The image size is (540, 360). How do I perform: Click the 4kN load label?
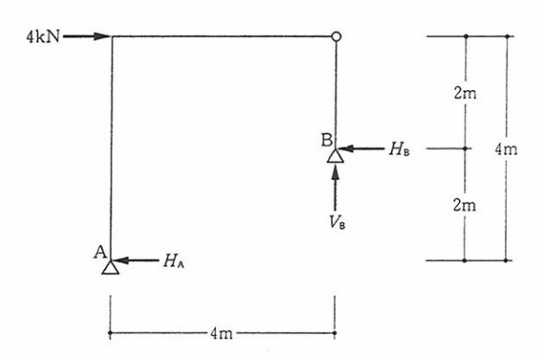43,37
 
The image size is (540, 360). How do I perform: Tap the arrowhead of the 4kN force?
103,36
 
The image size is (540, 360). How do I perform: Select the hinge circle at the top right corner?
337,36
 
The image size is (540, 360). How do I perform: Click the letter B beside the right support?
327,140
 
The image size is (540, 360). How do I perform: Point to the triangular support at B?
336,156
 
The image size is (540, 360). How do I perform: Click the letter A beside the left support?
100,252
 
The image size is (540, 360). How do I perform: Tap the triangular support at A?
111,267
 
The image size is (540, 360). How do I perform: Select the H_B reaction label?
400,148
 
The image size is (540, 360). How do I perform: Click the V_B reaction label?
337,222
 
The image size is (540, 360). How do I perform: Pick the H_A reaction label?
174,261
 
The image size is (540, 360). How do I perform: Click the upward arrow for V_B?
335,188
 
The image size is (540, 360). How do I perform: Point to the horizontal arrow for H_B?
362,148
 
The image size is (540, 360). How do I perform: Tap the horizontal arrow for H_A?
136,260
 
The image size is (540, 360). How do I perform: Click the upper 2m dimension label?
465,93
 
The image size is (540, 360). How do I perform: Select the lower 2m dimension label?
464,205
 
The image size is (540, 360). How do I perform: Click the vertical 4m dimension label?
506,149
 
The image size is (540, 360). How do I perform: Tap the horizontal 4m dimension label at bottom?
221,334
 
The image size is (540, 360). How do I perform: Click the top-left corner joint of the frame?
112,36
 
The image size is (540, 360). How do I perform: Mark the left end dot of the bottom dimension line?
110,333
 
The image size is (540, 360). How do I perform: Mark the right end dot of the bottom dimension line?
335,333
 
